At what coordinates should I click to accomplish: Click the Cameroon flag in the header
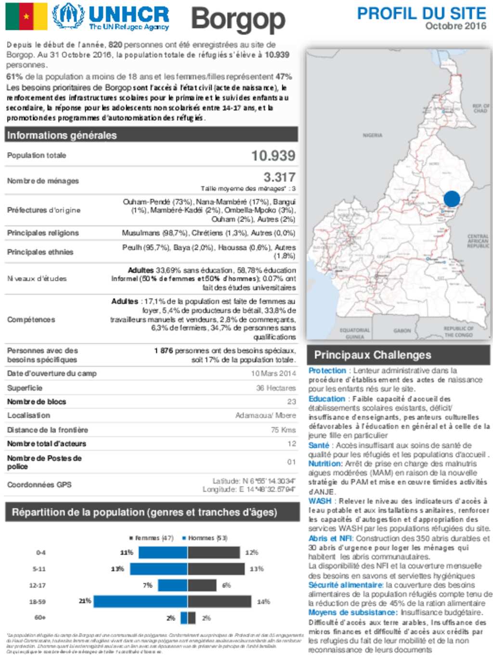click(x=26, y=16)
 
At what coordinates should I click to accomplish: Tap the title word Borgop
click(x=238, y=20)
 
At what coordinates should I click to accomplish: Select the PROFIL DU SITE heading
click(x=421, y=13)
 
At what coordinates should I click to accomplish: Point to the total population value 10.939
click(x=273, y=155)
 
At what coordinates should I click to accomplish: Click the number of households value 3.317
click(x=279, y=177)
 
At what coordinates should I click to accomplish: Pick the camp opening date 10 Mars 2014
click(x=273, y=374)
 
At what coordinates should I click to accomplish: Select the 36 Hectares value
click(x=276, y=388)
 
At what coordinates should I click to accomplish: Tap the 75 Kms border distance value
click(x=283, y=430)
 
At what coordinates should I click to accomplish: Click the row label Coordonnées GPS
click(x=39, y=485)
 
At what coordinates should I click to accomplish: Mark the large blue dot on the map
click(x=452, y=198)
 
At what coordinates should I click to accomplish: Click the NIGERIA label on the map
click(x=372, y=136)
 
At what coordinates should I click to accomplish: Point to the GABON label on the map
click(x=402, y=331)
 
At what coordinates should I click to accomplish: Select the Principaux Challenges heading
click(x=372, y=355)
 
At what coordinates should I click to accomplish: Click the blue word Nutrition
click(x=324, y=464)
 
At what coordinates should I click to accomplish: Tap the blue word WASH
click(x=320, y=501)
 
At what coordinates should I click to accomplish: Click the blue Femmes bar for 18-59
click(x=140, y=601)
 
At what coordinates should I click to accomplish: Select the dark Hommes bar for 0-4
click(x=214, y=552)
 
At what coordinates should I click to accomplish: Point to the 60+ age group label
click(x=40, y=618)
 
